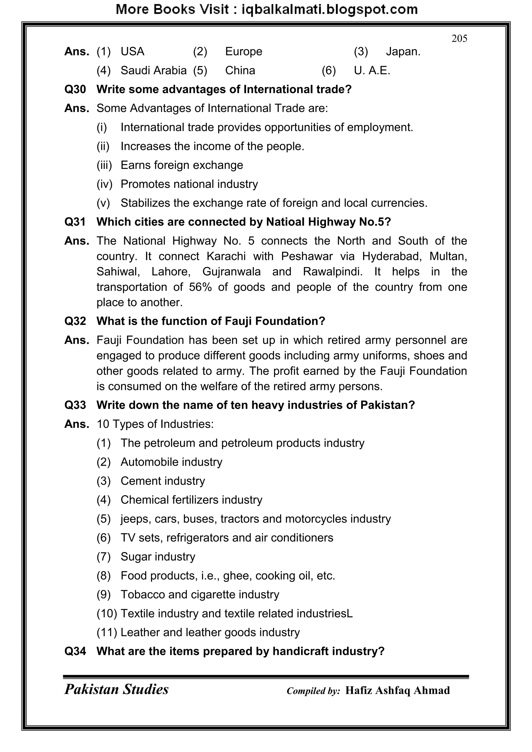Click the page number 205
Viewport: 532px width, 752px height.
coord(459,39)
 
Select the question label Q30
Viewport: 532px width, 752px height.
coord(75,89)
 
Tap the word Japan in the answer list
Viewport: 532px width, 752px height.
coord(403,51)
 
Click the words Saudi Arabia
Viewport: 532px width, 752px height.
coord(153,70)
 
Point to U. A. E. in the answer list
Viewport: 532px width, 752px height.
coord(372,70)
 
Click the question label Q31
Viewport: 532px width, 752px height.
coord(75,222)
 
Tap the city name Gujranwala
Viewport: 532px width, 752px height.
coord(232,271)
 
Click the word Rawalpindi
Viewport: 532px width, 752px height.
coord(332,271)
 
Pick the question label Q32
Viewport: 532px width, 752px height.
coord(75,321)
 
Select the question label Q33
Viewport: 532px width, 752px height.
coord(75,405)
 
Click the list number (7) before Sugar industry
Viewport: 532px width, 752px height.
coord(104,557)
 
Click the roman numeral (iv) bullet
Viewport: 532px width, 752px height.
coord(104,184)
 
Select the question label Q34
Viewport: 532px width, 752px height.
coord(75,651)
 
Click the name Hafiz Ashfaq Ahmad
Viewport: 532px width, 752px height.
coord(397,690)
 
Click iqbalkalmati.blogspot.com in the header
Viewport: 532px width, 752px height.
coord(329,10)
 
